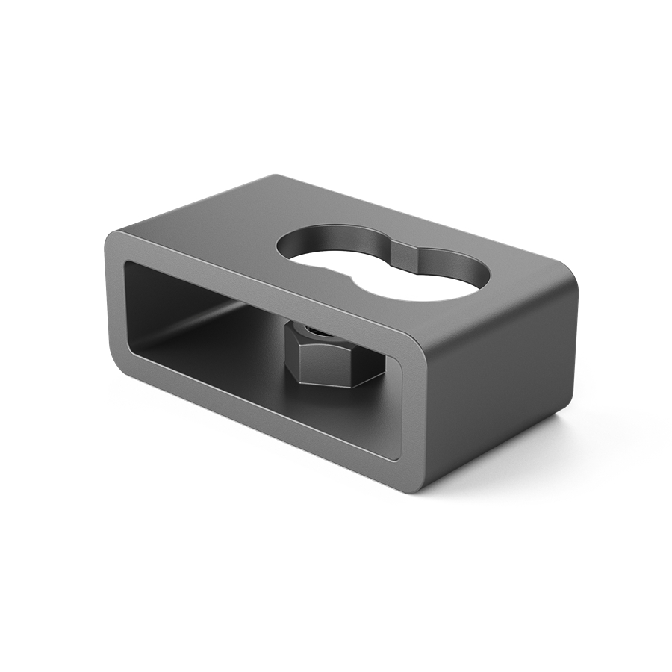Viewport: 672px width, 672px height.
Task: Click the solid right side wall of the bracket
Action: click(x=508, y=388)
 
